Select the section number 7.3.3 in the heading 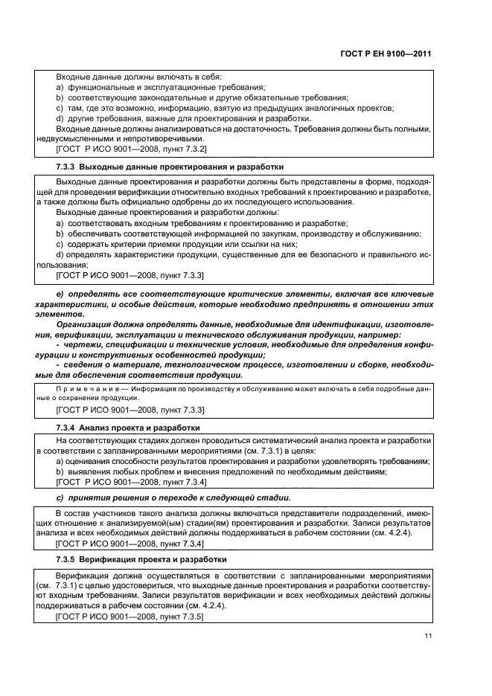pos(66,166)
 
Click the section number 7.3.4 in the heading pos(66,428)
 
